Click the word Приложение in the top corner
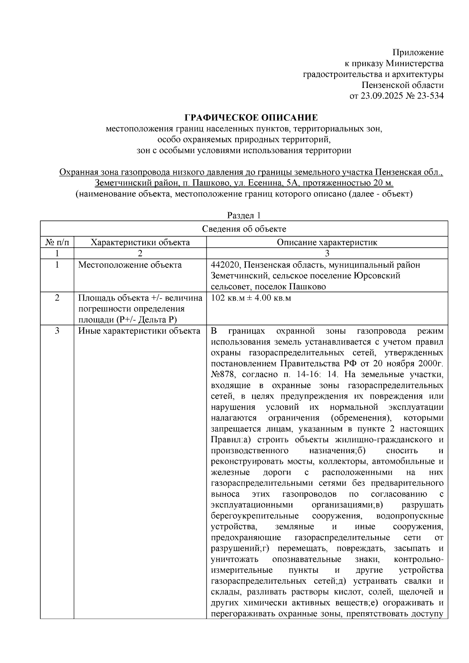[x=418, y=52]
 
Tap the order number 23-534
[x=430, y=96]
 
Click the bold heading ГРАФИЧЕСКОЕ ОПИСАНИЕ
[x=251, y=118]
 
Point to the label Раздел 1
[x=244, y=215]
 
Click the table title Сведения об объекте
[x=244, y=229]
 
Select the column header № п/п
[x=57, y=242]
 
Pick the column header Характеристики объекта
[x=140, y=242]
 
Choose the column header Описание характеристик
[x=327, y=242]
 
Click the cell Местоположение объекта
[x=130, y=265]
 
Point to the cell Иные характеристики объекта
[x=139, y=331]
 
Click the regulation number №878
[x=223, y=375]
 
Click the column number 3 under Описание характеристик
[x=327, y=254]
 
